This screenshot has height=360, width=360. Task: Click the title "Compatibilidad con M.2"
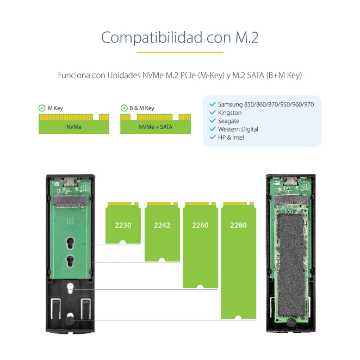(180, 38)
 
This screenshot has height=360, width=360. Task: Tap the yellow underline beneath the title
(180, 52)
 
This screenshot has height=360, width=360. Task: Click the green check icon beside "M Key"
(42, 108)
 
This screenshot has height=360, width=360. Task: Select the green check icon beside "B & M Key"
(124, 108)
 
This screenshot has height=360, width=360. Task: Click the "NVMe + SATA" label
(156, 127)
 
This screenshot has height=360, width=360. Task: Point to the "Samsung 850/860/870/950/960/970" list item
(266, 104)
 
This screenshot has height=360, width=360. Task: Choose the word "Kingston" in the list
(230, 113)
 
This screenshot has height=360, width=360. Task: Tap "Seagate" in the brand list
(229, 121)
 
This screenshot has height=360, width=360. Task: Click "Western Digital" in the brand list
(238, 129)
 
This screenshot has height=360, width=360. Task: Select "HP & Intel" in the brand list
(231, 138)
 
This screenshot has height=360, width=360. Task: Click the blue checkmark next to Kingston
(213, 113)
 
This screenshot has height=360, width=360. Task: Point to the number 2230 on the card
(123, 225)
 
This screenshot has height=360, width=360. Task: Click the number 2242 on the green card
(162, 225)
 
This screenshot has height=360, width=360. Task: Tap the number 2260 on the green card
(200, 225)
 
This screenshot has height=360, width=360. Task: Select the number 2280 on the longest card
(238, 225)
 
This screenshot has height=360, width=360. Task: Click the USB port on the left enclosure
(71, 182)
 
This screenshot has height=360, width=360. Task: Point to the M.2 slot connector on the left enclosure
(70, 201)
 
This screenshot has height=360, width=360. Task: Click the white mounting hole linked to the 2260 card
(70, 288)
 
